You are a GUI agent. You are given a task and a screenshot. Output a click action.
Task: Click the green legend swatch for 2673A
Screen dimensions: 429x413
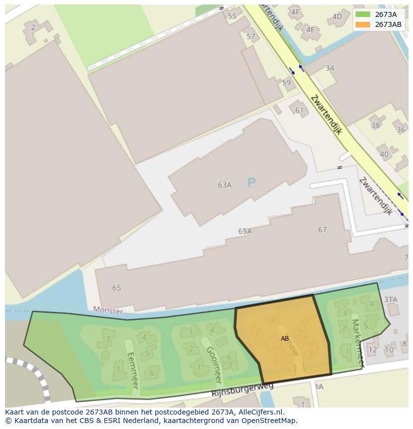[363, 14]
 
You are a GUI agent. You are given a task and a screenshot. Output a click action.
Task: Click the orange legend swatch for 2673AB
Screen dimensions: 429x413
[363, 24]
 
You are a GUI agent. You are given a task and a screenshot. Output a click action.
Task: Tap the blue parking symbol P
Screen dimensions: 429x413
[251, 183]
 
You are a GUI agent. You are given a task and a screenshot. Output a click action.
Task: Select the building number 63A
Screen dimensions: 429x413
[225, 185]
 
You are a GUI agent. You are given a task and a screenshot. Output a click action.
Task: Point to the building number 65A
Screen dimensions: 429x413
[245, 231]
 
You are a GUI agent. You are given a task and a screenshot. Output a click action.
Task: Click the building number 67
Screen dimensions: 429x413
[323, 230]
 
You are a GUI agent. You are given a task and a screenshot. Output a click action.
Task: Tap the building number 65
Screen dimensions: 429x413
[117, 287]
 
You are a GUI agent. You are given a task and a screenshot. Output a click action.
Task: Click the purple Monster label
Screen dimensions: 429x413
[108, 310]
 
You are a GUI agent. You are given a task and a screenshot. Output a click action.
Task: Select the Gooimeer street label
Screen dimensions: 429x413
[213, 365]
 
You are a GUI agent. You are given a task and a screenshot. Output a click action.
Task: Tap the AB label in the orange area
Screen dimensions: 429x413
[285, 338]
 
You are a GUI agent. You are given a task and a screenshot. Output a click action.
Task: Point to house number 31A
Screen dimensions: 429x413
[391, 299]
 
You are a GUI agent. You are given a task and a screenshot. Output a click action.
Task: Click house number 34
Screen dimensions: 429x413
[330, 68]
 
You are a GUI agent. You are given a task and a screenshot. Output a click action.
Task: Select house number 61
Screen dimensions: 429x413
[299, 110]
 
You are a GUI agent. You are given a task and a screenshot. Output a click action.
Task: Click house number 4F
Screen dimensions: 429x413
[295, 12]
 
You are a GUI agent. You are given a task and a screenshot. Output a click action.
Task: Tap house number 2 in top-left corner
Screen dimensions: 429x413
[33, 27]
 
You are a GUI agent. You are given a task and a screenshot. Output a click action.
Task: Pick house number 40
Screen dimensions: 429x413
[384, 154]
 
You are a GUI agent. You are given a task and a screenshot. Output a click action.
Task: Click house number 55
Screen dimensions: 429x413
[232, 16]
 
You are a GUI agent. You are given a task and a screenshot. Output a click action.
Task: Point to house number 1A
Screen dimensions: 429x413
[319, 387]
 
